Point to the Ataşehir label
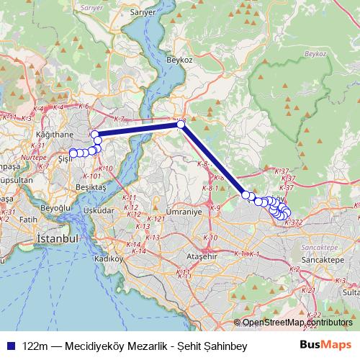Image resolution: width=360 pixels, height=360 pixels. tap(202, 256)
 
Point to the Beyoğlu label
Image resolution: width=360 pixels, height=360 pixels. tap(55, 207)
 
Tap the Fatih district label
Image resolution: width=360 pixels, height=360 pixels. tap(28, 218)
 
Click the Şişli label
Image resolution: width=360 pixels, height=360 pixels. tap(63, 158)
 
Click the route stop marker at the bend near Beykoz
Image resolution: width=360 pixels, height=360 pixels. tap(181, 125)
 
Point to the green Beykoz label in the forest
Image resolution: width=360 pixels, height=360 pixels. tap(315, 53)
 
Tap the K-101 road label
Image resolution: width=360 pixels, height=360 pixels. tap(93, 175)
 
